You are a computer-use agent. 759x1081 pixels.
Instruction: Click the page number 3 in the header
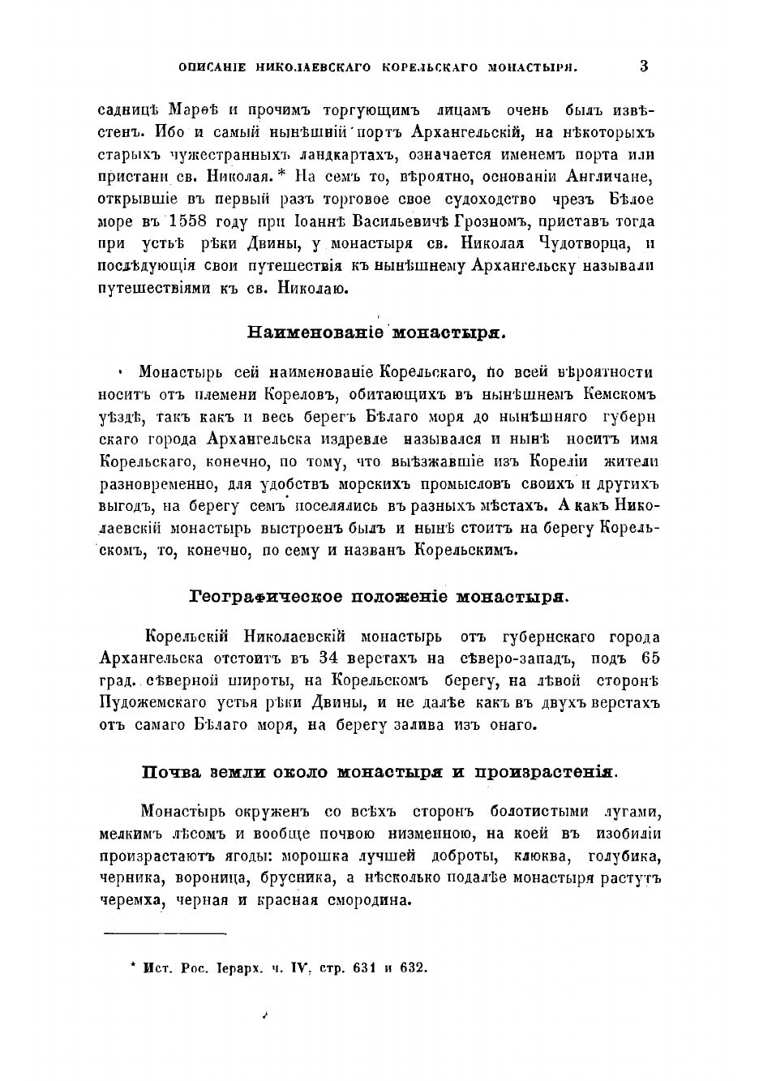(x=643, y=66)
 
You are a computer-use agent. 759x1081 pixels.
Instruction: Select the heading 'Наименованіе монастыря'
(x=375, y=331)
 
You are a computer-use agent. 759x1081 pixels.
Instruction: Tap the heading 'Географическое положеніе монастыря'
(x=379, y=598)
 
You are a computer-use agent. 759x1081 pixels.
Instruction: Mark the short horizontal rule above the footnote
(x=165, y=934)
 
